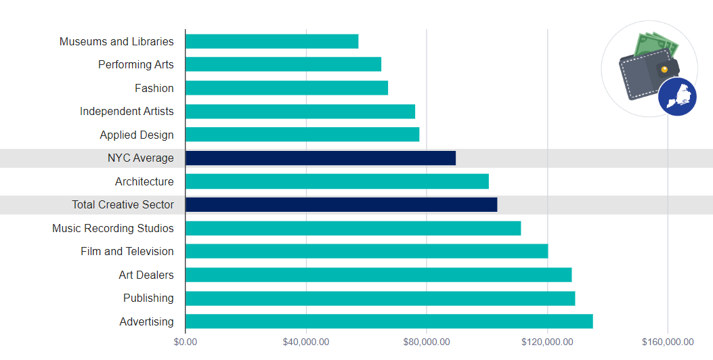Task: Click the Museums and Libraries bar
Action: click(272, 41)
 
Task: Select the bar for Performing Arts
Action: click(283, 64)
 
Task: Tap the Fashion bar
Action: click(286, 88)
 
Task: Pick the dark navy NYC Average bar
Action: click(320, 158)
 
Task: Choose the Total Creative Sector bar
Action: click(341, 204)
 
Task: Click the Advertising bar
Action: click(389, 321)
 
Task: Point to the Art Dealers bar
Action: click(379, 275)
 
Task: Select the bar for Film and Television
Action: click(366, 251)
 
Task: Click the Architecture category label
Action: click(144, 181)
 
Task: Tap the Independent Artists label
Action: click(127, 111)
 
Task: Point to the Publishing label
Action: click(148, 298)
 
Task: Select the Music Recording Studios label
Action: click(113, 228)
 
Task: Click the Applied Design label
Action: click(137, 135)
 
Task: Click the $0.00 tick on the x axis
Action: click(185, 342)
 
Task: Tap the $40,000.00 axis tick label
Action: click(306, 342)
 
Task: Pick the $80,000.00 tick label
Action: click(427, 342)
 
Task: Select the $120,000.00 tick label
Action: click(547, 342)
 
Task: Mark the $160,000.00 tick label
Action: click(668, 342)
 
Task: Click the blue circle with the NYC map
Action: click(677, 97)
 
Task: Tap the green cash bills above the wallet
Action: click(655, 46)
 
